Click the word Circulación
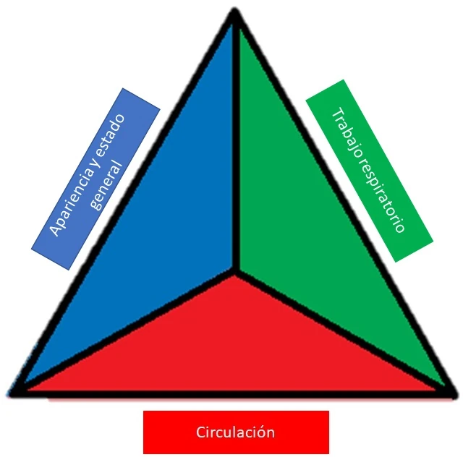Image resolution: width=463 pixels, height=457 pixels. pos(235,432)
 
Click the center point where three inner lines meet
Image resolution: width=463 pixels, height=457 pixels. pos(234,273)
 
